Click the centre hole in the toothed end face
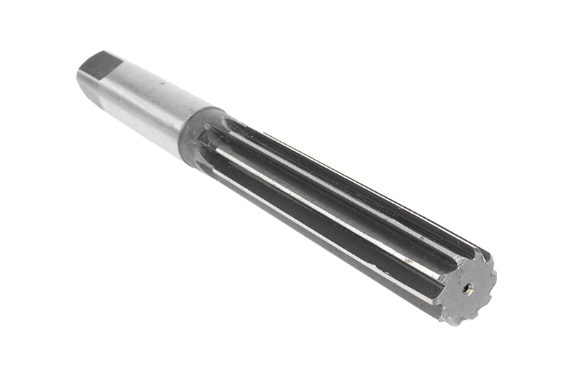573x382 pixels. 467,288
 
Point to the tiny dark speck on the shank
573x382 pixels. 163,83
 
